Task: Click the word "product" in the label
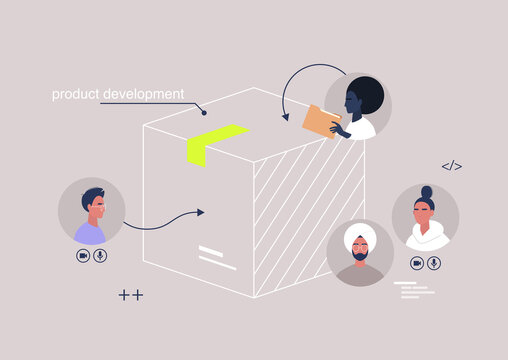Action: point(77,95)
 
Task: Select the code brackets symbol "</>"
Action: point(452,166)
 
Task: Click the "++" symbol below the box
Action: point(130,295)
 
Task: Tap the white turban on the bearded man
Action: point(360,240)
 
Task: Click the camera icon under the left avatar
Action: point(82,256)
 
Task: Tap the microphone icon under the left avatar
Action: point(100,256)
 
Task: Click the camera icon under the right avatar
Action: point(416,263)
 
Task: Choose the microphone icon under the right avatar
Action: point(434,263)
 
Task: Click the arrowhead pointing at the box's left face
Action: point(200,212)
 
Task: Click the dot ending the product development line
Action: point(204,112)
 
